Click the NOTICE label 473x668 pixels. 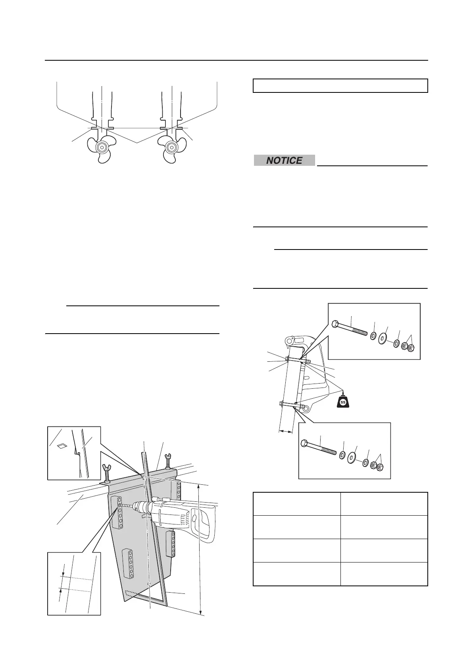(x=284, y=161)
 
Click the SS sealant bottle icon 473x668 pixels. (x=343, y=402)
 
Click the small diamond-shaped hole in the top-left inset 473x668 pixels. (x=61, y=446)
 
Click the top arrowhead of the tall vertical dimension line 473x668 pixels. (x=199, y=489)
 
